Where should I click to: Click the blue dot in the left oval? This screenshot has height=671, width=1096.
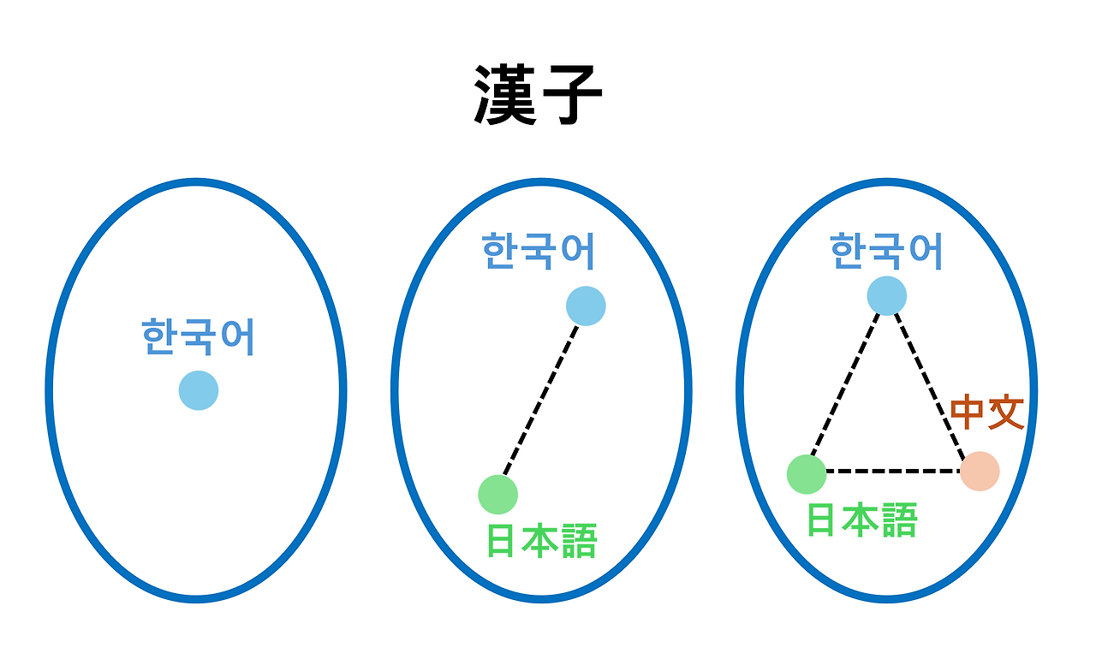pyautogui.click(x=199, y=390)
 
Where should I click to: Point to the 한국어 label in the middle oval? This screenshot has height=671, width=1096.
pyautogui.click(x=539, y=252)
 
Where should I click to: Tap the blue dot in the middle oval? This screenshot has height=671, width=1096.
pyautogui.click(x=586, y=306)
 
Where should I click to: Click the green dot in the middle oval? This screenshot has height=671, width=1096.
pyautogui.click(x=498, y=494)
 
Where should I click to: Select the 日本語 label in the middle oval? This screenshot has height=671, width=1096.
pyautogui.click(x=541, y=541)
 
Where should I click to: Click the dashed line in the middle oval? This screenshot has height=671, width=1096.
pyautogui.click(x=542, y=400)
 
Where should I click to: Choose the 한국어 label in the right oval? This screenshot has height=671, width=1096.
pyautogui.click(x=886, y=252)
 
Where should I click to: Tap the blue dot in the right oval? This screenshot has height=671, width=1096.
pyautogui.click(x=886, y=295)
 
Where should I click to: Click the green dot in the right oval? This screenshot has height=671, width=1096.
pyautogui.click(x=807, y=474)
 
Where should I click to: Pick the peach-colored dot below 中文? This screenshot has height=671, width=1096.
pyautogui.click(x=980, y=472)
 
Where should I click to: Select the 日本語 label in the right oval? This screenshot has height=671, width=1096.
pyautogui.click(x=862, y=520)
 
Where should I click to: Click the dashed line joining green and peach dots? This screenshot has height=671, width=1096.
pyautogui.click(x=893, y=471)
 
